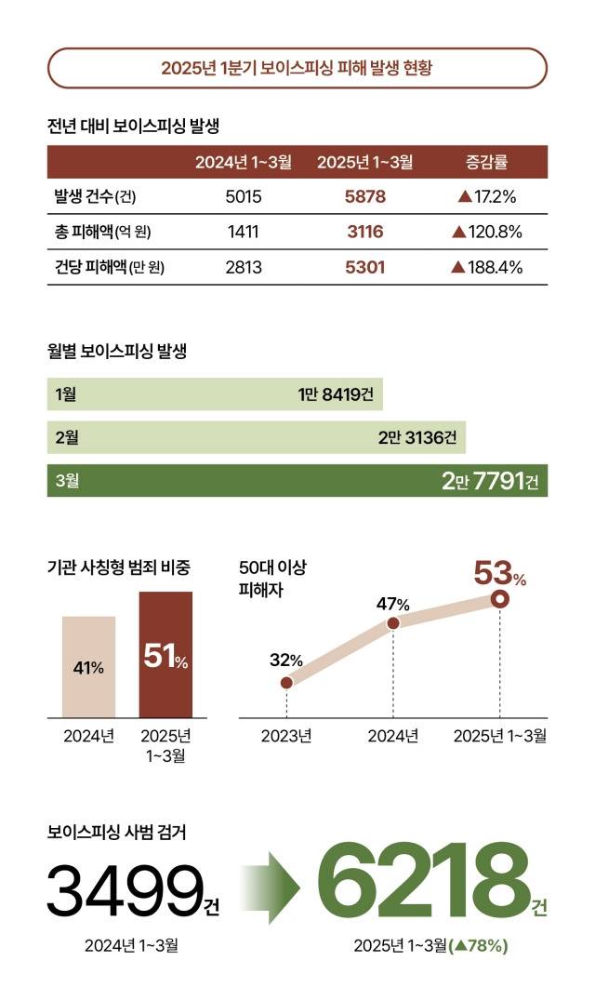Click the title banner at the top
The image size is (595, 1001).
pyautogui.click(x=297, y=68)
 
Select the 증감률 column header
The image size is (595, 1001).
pyautogui.click(x=485, y=162)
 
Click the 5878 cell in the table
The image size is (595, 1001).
pyautogui.click(x=364, y=196)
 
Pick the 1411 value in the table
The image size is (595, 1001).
pyautogui.click(x=243, y=232)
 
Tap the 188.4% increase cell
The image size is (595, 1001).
pyautogui.click(x=486, y=267)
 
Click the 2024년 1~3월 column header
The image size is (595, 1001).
pyautogui.click(x=244, y=162)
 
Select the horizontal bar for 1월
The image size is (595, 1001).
pyautogui.click(x=215, y=394)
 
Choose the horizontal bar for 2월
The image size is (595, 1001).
pyautogui.click(x=256, y=437)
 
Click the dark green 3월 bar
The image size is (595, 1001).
pyautogui.click(x=297, y=480)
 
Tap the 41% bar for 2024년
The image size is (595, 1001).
pyautogui.click(x=89, y=667)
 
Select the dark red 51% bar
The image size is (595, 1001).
pyautogui.click(x=166, y=655)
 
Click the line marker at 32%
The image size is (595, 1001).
pyautogui.click(x=286, y=682)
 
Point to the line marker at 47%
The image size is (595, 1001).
pyautogui.click(x=392, y=623)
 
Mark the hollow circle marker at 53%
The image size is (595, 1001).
pyautogui.click(x=500, y=599)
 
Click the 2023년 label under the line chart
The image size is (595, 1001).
pyautogui.click(x=286, y=736)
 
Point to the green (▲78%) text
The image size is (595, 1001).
pyautogui.click(x=478, y=946)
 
